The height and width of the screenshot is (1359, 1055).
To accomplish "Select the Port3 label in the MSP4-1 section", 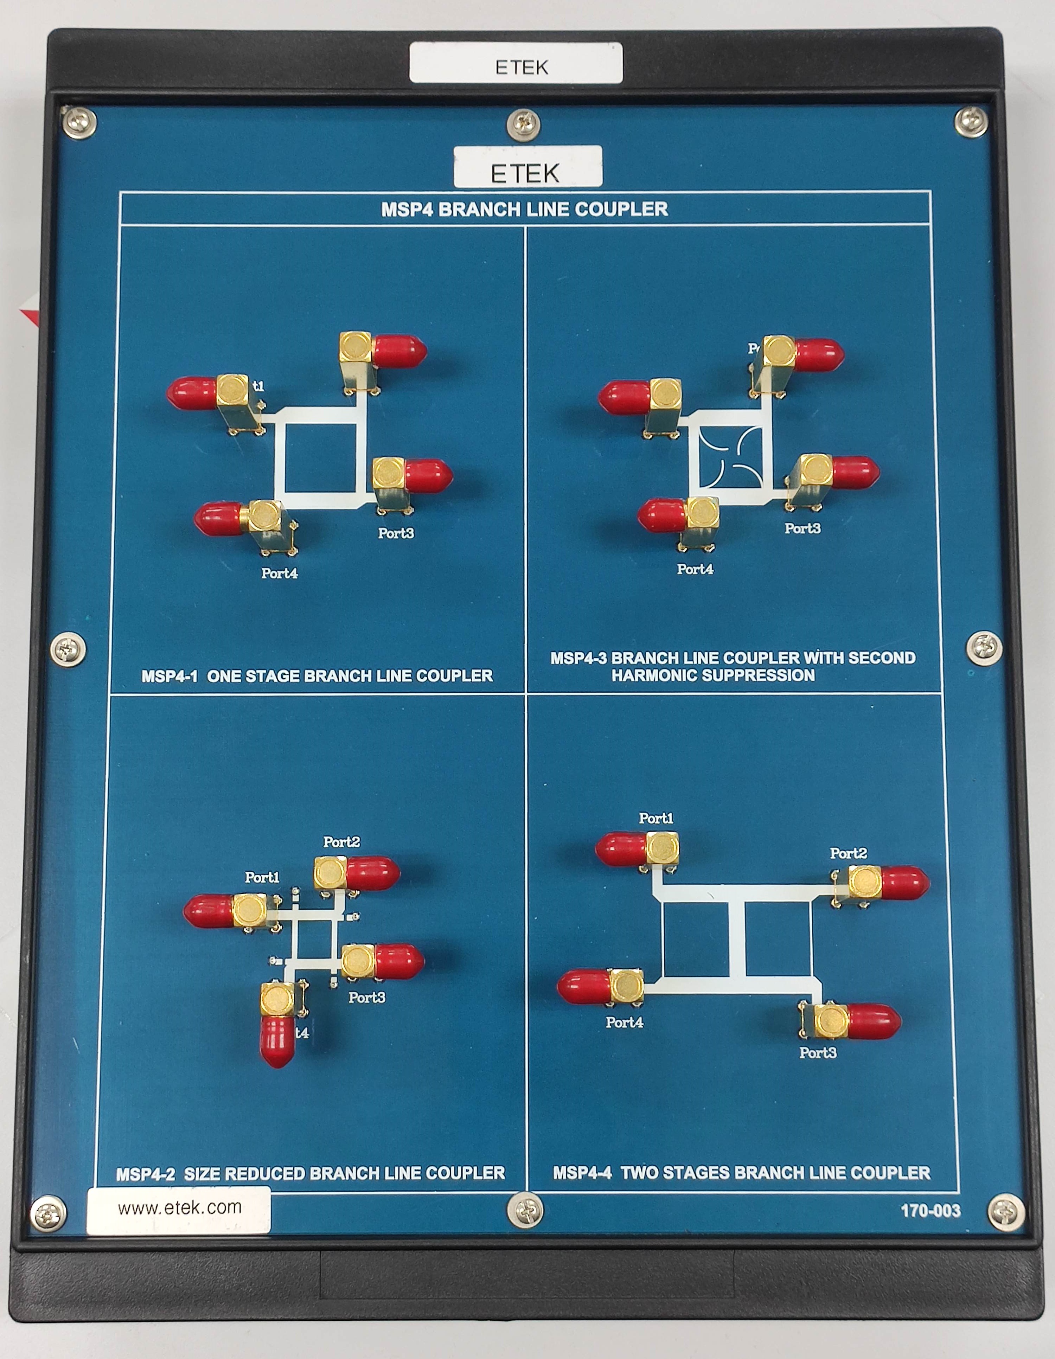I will [x=396, y=533].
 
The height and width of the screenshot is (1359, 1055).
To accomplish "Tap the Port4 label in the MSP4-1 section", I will [x=280, y=573].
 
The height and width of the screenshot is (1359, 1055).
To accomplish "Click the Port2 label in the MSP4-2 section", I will [x=341, y=842].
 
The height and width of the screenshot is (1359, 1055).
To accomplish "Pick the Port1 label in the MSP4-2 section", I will [x=262, y=877].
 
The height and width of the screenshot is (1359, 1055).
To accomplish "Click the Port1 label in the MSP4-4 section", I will [x=656, y=818].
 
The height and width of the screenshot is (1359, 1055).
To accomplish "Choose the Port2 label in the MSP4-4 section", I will [x=848, y=853].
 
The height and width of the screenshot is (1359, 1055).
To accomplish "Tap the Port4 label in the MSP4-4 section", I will [x=624, y=1023].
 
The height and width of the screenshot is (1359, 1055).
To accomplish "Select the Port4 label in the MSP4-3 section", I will [x=695, y=569].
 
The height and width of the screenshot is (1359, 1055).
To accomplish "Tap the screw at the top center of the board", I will [x=523, y=124].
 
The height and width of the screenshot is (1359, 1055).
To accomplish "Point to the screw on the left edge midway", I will [x=68, y=650].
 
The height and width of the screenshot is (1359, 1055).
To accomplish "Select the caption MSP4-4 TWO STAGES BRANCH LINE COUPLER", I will [x=741, y=1173].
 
